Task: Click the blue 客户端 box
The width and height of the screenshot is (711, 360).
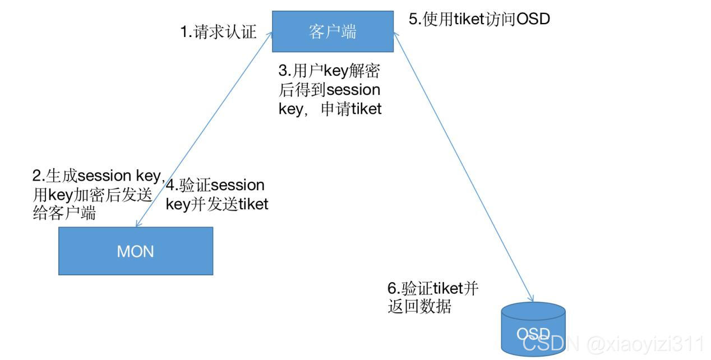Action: (x=333, y=31)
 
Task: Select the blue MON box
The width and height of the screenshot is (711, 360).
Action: (x=135, y=251)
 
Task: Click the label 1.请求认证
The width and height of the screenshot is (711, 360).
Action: (x=218, y=32)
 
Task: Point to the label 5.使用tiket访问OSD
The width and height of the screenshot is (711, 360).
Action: (x=479, y=19)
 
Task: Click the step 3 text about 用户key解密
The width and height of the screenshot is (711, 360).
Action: (x=330, y=90)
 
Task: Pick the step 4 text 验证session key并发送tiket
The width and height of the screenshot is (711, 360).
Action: (x=216, y=195)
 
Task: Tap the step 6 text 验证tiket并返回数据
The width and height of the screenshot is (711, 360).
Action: (x=432, y=298)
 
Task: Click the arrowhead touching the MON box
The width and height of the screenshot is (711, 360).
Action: (x=138, y=224)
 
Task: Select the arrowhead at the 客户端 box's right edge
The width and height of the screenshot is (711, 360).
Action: (x=395, y=35)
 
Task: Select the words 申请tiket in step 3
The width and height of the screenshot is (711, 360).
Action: (x=351, y=109)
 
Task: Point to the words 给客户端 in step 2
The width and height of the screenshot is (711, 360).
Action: (x=64, y=213)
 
